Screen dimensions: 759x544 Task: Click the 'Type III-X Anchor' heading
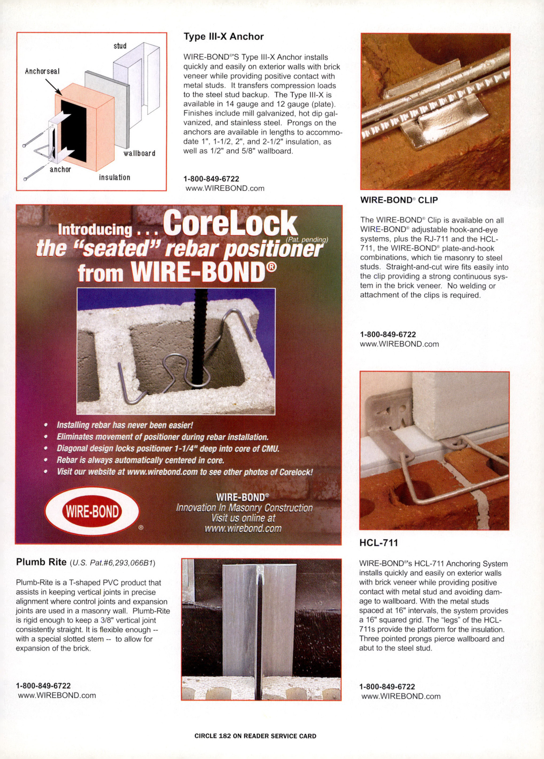click(224, 37)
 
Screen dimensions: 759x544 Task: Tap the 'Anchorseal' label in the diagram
click(42, 71)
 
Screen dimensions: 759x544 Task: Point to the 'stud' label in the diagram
click(120, 46)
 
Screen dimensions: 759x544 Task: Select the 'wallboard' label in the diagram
click(139, 153)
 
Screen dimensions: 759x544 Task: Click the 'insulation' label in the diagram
click(114, 177)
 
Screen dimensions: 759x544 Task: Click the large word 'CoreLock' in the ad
click(230, 224)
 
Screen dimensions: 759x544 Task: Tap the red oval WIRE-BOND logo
click(92, 511)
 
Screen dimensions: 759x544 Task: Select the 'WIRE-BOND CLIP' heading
click(399, 200)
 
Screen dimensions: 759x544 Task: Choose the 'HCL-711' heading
click(379, 543)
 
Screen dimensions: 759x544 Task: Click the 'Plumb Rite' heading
click(41, 562)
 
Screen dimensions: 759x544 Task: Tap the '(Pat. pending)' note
click(307, 240)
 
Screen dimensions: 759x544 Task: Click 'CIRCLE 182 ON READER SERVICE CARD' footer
click(255, 736)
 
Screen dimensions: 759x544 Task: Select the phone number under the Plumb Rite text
click(43, 686)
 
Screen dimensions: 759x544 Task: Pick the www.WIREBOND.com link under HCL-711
click(401, 696)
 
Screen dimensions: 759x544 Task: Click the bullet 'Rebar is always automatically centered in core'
click(140, 460)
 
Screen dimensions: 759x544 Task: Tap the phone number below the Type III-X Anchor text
click(211, 179)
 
